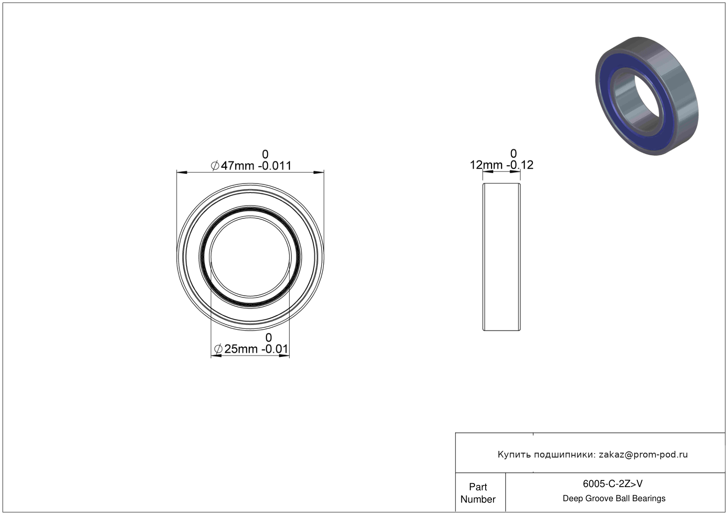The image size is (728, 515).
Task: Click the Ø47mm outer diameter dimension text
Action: (x=233, y=166)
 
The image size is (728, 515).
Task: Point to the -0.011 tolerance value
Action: (x=275, y=166)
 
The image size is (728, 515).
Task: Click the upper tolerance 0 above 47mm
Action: (x=265, y=154)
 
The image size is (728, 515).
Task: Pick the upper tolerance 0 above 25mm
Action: (x=268, y=337)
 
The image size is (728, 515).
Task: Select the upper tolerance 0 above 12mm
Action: (x=513, y=153)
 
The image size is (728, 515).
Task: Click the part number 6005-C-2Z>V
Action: (x=613, y=484)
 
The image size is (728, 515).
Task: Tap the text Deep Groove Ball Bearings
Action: (x=614, y=499)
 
